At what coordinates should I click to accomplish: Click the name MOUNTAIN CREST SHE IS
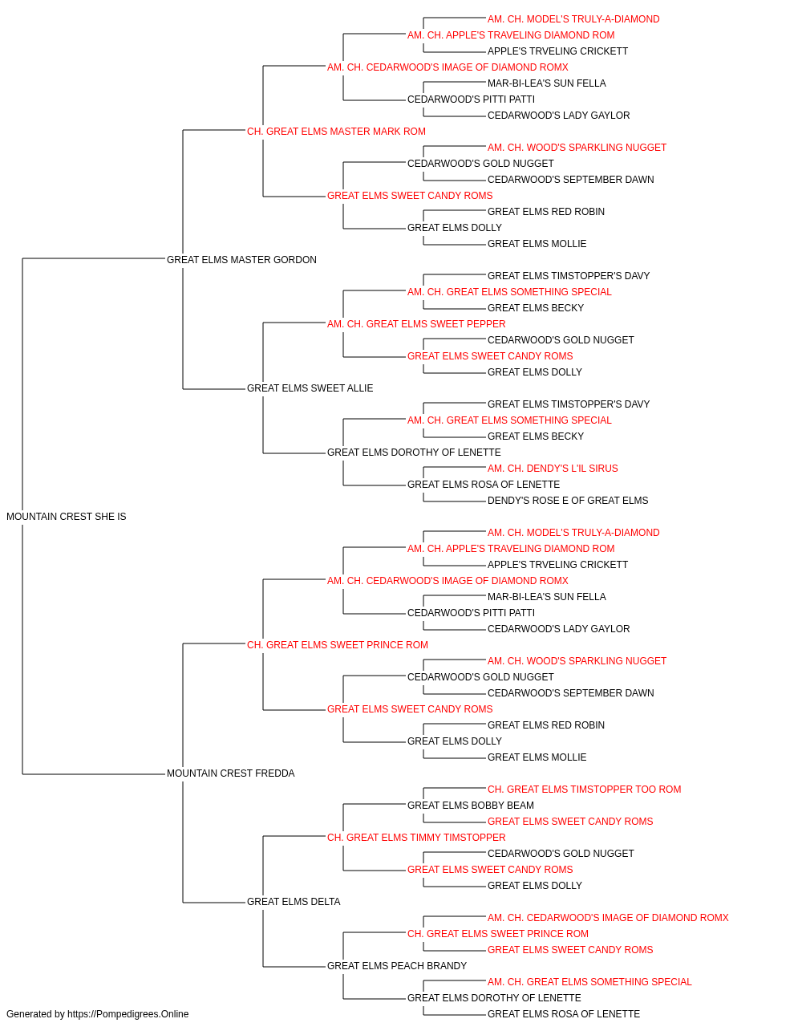click(66, 517)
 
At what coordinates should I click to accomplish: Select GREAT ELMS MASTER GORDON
click(241, 259)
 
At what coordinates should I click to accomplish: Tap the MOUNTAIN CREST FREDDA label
click(230, 773)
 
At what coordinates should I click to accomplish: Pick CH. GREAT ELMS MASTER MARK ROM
click(336, 132)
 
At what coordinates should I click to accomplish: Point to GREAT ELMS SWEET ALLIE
click(310, 388)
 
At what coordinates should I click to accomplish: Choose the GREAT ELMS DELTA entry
click(294, 902)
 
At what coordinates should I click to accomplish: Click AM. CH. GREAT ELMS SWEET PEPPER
click(416, 323)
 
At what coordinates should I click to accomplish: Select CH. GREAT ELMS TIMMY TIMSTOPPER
click(416, 838)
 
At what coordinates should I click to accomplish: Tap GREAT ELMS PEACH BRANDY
click(397, 966)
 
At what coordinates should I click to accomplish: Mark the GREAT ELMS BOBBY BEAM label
click(471, 806)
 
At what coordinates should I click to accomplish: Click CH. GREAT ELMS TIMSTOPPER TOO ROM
click(585, 790)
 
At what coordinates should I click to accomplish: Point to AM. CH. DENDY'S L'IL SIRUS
click(553, 469)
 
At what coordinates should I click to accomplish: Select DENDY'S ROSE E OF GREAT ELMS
click(568, 501)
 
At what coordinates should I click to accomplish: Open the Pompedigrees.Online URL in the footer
click(128, 1014)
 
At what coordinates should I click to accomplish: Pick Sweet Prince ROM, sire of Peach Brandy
click(498, 934)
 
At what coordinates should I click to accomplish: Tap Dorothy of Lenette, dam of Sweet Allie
click(414, 453)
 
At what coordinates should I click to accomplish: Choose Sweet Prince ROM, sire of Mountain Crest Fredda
click(337, 644)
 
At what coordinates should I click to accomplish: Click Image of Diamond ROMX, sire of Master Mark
click(448, 67)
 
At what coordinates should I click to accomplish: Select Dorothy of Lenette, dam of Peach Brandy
click(494, 998)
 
